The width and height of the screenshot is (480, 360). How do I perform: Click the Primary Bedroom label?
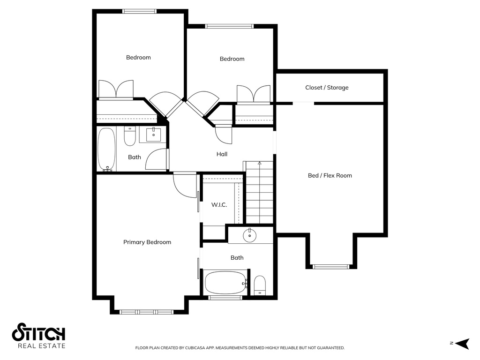pyautogui.click(x=147, y=242)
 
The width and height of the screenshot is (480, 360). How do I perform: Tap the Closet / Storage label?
pyautogui.click(x=327, y=88)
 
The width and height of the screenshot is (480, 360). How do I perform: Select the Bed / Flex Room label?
pyautogui.click(x=330, y=176)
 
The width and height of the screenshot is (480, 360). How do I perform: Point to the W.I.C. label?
pyautogui.click(x=219, y=205)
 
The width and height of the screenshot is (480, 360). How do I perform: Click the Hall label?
pyautogui.click(x=222, y=154)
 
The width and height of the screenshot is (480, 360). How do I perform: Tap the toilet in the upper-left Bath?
pyautogui.click(x=130, y=136)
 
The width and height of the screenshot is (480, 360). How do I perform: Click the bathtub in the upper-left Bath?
pyautogui.click(x=106, y=149)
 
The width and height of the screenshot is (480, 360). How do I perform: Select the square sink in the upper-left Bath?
pyautogui.click(x=153, y=135)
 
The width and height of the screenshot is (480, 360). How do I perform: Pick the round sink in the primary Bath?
pyautogui.click(x=249, y=236)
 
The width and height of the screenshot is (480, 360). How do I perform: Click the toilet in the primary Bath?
pyautogui.click(x=260, y=285)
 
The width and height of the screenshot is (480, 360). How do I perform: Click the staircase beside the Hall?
pyautogui.click(x=259, y=192)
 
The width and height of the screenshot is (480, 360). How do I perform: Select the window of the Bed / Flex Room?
pyautogui.click(x=331, y=267)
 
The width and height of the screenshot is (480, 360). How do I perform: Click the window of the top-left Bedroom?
pyautogui.click(x=139, y=11)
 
